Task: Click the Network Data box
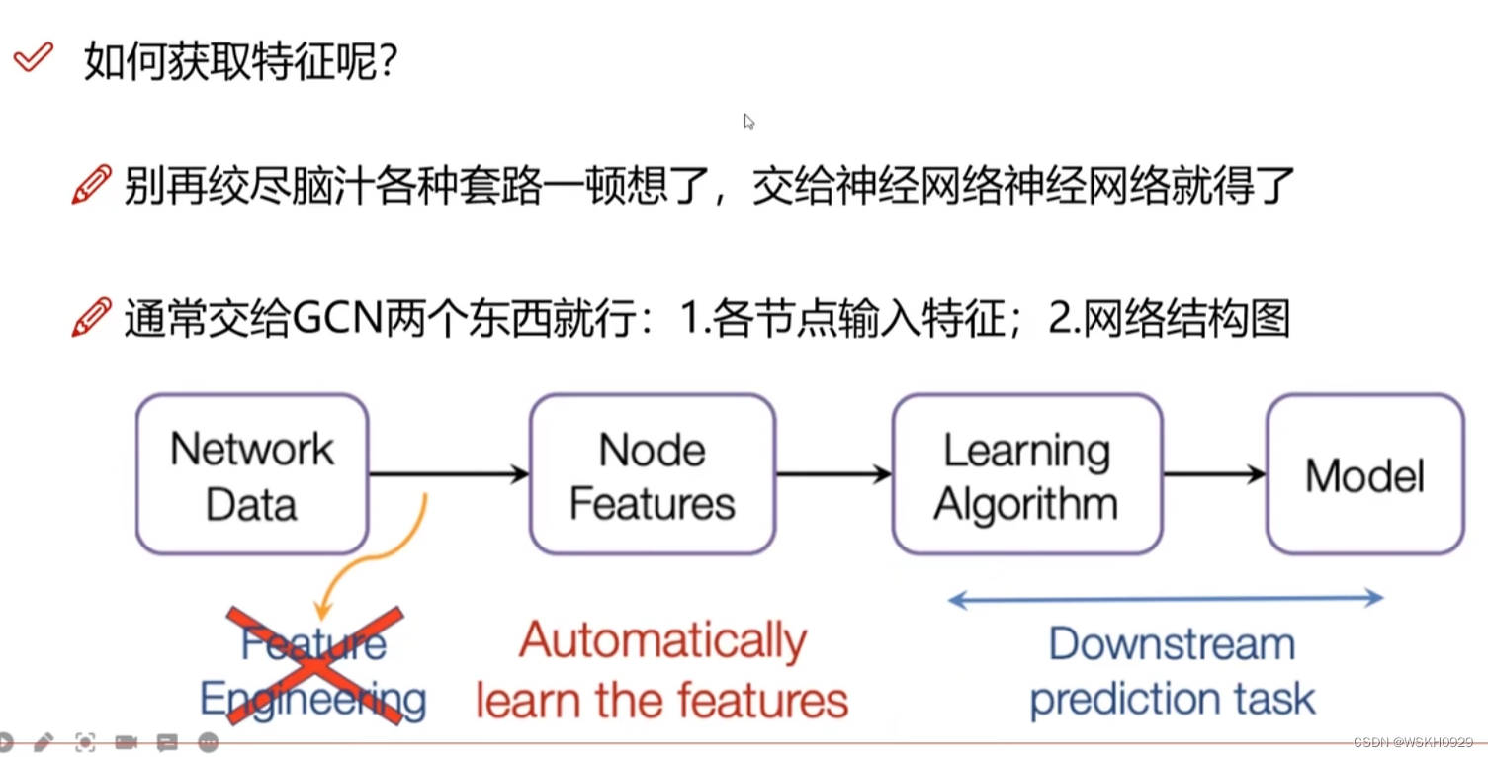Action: click(252, 474)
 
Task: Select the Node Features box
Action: click(652, 474)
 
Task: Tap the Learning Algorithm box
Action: click(1026, 474)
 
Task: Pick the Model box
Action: click(1364, 474)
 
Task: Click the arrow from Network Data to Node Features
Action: click(449, 474)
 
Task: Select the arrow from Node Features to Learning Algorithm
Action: click(833, 474)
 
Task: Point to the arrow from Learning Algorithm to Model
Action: click(1214, 474)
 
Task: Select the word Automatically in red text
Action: click(662, 641)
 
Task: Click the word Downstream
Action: click(1172, 644)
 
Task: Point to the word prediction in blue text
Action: click(1117, 700)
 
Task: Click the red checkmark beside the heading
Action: click(33, 57)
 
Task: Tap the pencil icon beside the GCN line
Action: click(91, 318)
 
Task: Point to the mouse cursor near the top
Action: click(748, 121)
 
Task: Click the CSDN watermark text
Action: click(1413, 742)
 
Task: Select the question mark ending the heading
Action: click(388, 63)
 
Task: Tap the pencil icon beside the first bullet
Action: click(91, 185)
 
